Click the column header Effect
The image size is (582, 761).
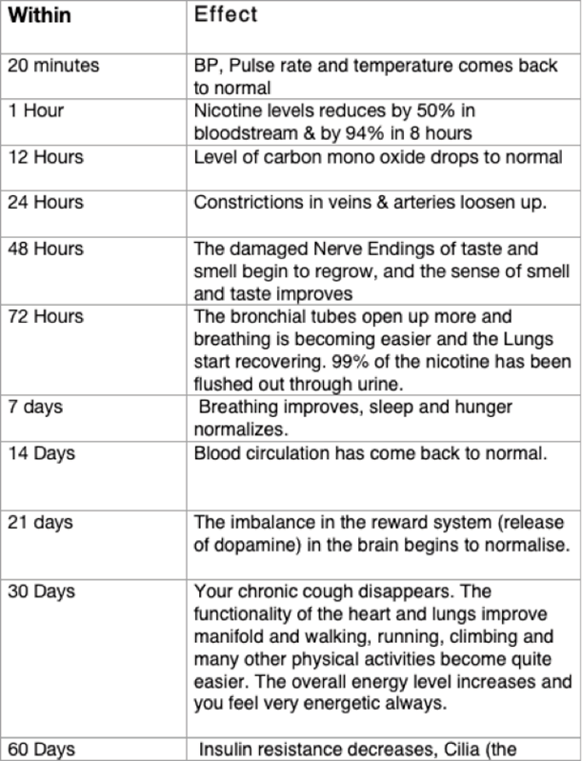[226, 16]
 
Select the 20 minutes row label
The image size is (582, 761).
[53, 67]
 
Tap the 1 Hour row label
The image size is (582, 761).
[36, 110]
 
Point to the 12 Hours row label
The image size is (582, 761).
[45, 156]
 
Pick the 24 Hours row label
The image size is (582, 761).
[45, 202]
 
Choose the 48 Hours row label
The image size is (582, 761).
[45, 249]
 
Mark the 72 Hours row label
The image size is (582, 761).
[45, 315]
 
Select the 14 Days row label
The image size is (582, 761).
[41, 453]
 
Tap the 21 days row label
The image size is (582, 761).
[40, 522]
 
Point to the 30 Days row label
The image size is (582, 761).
[41, 591]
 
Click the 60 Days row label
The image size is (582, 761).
[41, 750]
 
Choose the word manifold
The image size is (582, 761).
[225, 637]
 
